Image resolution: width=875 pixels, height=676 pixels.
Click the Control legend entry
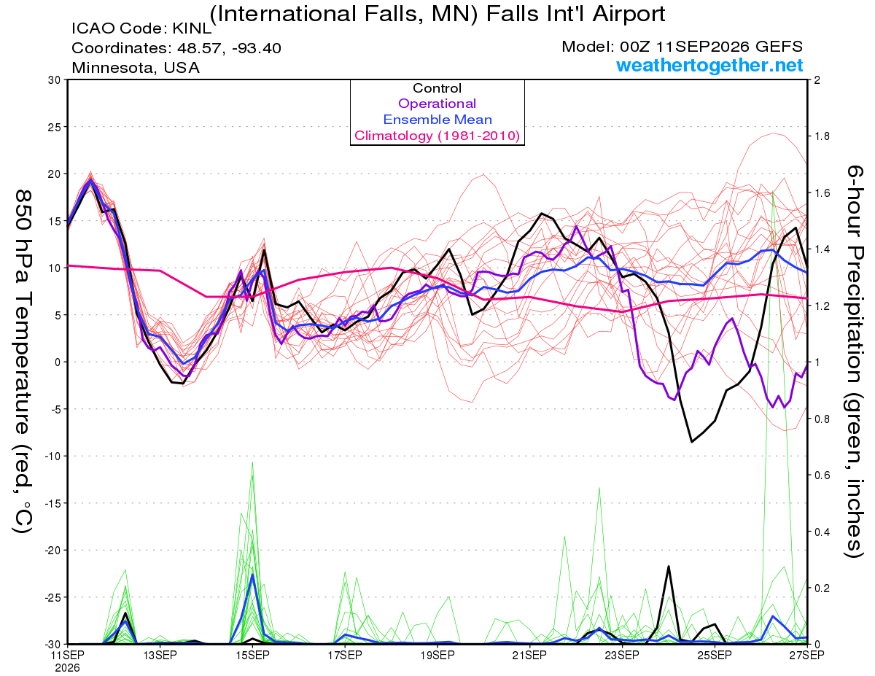(x=437, y=88)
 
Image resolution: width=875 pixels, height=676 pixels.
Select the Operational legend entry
(x=437, y=104)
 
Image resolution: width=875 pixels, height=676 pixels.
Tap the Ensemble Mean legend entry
(x=437, y=120)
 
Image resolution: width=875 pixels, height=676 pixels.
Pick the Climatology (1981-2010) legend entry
(x=437, y=136)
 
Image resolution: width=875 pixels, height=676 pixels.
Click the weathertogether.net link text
(x=709, y=65)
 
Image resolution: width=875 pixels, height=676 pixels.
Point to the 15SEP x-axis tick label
(x=252, y=655)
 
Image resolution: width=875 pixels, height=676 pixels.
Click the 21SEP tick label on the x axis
(x=529, y=655)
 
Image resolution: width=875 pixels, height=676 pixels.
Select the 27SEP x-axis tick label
(x=806, y=655)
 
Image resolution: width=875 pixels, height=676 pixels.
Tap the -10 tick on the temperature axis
(x=52, y=457)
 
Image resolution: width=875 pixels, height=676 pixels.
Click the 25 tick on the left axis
(x=54, y=127)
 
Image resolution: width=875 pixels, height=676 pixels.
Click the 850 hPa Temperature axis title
(x=23, y=362)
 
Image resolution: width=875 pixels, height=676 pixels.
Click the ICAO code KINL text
(x=141, y=28)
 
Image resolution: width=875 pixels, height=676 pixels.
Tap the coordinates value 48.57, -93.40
(x=229, y=48)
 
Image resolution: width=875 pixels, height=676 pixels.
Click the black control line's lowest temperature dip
(x=692, y=442)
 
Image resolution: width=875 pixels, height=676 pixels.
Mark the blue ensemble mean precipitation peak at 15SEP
(x=252, y=575)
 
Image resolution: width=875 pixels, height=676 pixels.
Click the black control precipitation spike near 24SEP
(x=669, y=567)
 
